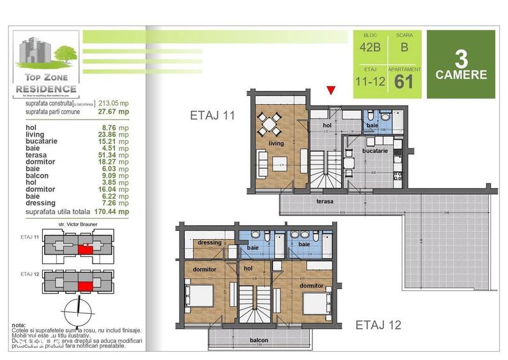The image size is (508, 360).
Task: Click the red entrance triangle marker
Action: coord(330,90)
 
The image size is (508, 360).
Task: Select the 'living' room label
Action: coord(275,144)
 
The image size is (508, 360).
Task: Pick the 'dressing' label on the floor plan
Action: coord(210,243)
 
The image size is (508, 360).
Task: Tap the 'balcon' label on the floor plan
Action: coord(259,340)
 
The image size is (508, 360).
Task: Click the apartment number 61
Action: coord(404,81)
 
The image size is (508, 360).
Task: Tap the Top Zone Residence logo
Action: coord(47,64)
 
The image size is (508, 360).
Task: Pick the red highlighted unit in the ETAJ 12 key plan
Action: coord(84,286)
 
